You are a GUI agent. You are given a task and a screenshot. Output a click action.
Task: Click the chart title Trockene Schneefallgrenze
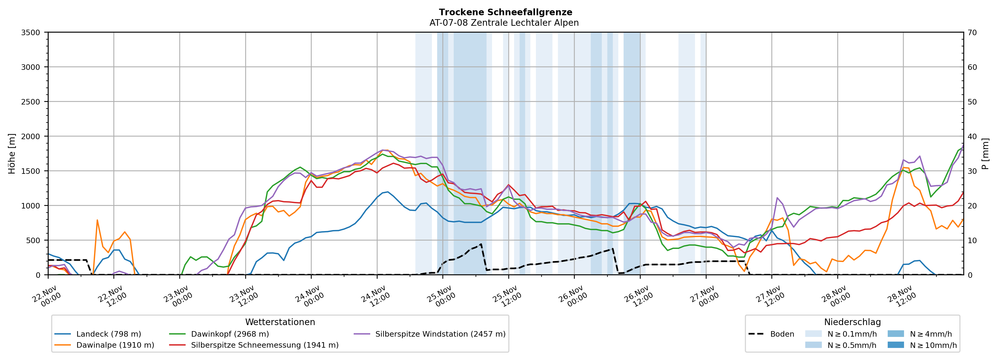(x=505, y=12)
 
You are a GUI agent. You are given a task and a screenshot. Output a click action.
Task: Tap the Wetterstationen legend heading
(x=280, y=322)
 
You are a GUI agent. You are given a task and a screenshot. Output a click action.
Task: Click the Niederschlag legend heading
(x=852, y=322)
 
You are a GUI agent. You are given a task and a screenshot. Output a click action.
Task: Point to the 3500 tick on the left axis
(x=31, y=33)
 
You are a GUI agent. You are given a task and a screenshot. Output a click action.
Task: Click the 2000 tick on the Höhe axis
(x=31, y=136)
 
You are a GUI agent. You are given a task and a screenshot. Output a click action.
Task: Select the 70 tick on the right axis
(x=972, y=33)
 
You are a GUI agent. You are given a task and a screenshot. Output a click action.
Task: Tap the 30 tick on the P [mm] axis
(x=972, y=171)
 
